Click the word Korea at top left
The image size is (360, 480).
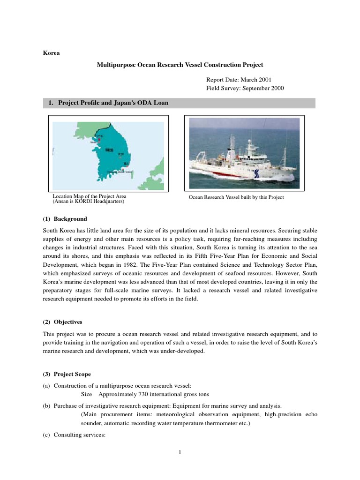click(51, 53)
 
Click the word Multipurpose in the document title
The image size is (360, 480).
click(117, 65)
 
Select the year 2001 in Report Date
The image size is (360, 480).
click(263, 80)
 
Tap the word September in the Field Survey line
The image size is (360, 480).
click(254, 88)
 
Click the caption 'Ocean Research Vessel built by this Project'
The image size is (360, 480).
click(236, 197)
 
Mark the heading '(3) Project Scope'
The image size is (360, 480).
click(67, 374)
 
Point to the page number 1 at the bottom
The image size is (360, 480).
click(180, 452)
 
